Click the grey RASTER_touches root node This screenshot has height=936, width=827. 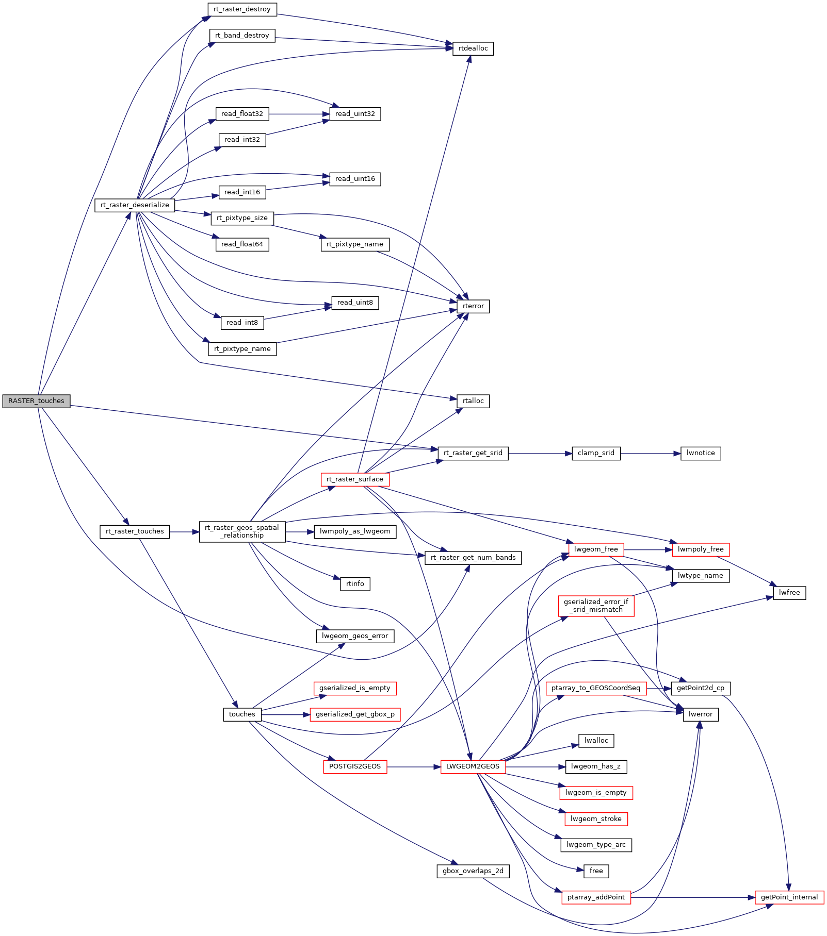click(36, 401)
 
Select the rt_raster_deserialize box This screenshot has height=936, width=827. click(135, 205)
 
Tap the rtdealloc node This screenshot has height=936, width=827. click(473, 48)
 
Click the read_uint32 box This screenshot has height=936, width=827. click(355, 114)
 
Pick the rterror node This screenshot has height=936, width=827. click(473, 306)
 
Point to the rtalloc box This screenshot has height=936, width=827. click(473, 401)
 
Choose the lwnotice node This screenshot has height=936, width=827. click(701, 453)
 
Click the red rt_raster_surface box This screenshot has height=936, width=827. click(355, 479)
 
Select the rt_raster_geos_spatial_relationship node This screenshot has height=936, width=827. click(242, 531)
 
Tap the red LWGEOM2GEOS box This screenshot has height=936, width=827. click(473, 766)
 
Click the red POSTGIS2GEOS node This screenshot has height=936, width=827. click(355, 766)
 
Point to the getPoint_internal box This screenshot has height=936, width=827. click(789, 897)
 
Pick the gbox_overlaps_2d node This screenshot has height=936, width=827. click(473, 871)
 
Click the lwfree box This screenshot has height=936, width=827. click(789, 593)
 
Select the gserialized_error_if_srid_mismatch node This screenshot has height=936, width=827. click(596, 606)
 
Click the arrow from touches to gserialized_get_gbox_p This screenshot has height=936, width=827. click(286, 715)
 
